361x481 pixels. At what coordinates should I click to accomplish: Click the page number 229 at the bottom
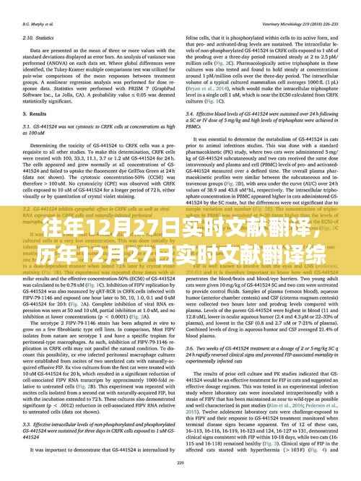coord(180,475)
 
